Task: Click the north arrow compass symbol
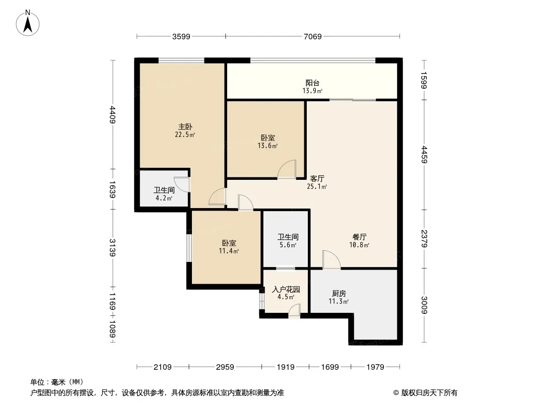pyautogui.click(x=28, y=23)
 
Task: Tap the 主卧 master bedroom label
pyautogui.click(x=185, y=126)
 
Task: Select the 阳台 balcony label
pyautogui.click(x=312, y=83)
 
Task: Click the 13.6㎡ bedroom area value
pyautogui.click(x=267, y=146)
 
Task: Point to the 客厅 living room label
pyautogui.click(x=317, y=179)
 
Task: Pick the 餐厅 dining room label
pyautogui.click(x=359, y=237)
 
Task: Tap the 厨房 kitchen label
pyautogui.click(x=339, y=293)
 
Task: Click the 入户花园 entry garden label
pyautogui.click(x=286, y=289)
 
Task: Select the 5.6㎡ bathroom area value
pyautogui.click(x=288, y=245)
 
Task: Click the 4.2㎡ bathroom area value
pyautogui.click(x=164, y=198)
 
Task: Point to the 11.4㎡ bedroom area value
pyautogui.click(x=229, y=251)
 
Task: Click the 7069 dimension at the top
pyautogui.click(x=313, y=36)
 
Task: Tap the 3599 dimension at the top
pyautogui.click(x=181, y=36)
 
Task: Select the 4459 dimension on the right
pyautogui.click(x=424, y=155)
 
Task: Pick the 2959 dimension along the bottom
pyautogui.click(x=225, y=367)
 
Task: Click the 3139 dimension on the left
pyautogui.click(x=112, y=247)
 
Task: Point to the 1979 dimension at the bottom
pyautogui.click(x=375, y=367)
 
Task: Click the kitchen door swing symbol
pyautogui.click(x=331, y=259)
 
